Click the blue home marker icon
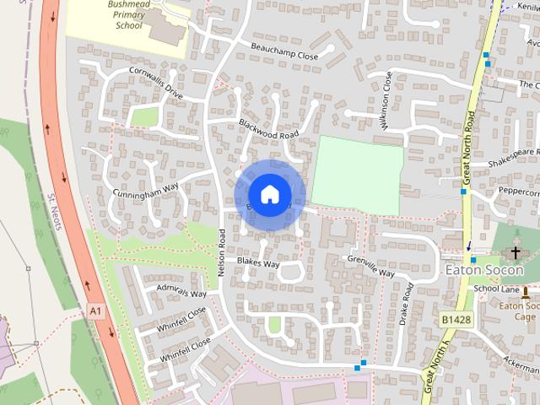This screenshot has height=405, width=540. point(269,195)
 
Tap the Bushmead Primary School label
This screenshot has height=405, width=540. point(128,13)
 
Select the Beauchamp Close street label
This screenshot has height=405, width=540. point(284,50)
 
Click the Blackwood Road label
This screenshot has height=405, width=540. point(269,129)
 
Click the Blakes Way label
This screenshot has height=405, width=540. point(257,263)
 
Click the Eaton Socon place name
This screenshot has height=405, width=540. point(483,271)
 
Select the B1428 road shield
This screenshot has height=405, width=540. point(456,320)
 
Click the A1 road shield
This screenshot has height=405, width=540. point(95,312)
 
